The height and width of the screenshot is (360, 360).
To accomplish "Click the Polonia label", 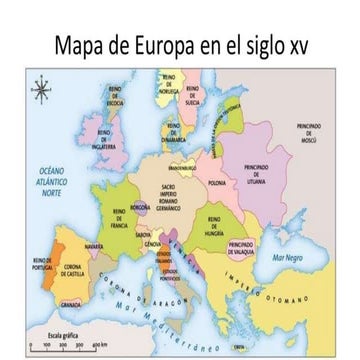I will pos(216,184).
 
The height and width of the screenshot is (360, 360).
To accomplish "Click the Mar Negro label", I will pos(291,257).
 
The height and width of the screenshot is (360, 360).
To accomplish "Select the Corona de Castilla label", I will pos(78,269).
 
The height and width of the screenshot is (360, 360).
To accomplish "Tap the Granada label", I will pos(71,301).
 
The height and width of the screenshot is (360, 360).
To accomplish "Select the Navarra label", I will pos(94,244).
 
